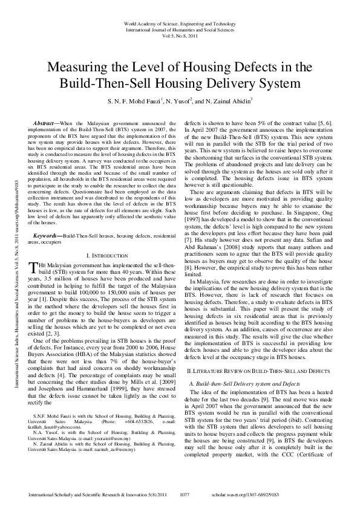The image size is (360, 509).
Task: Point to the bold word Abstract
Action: [43, 122]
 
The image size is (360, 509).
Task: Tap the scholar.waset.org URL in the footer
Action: [281, 494]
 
